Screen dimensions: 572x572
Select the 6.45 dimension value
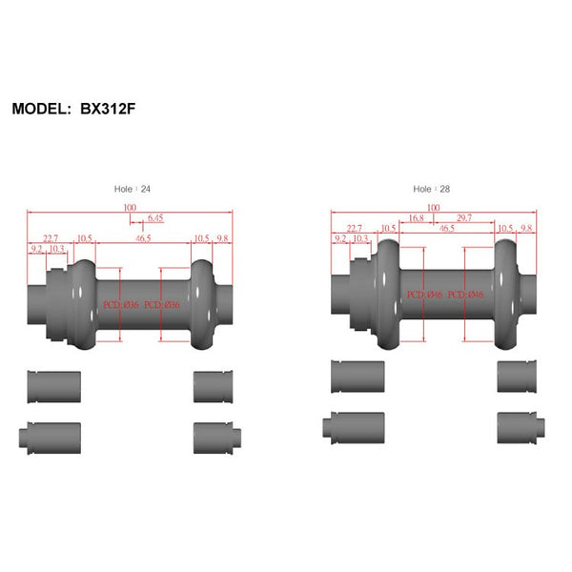(x=154, y=218)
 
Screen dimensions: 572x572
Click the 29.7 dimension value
(x=463, y=217)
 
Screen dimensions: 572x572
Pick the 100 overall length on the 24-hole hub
(x=130, y=207)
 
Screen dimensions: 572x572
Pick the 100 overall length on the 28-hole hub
(x=434, y=207)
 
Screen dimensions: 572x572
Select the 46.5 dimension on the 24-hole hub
(x=143, y=238)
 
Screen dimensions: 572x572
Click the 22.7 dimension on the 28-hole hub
(x=354, y=229)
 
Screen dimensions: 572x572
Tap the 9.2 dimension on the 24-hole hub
(x=37, y=249)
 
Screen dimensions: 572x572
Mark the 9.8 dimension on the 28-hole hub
(x=525, y=229)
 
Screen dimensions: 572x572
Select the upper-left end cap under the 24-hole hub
(x=53, y=386)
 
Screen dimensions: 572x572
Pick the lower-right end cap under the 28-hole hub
(x=517, y=425)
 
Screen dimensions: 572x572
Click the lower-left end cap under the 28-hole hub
(x=357, y=425)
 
